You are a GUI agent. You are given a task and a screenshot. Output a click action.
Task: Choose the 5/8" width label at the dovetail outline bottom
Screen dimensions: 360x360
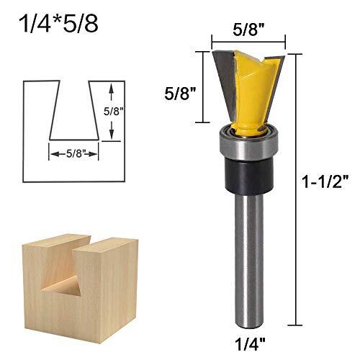click(x=73, y=153)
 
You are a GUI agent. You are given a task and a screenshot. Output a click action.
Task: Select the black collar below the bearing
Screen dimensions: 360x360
click(x=248, y=175)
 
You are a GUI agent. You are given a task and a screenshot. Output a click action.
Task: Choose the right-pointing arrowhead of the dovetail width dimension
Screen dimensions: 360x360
click(x=96, y=153)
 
